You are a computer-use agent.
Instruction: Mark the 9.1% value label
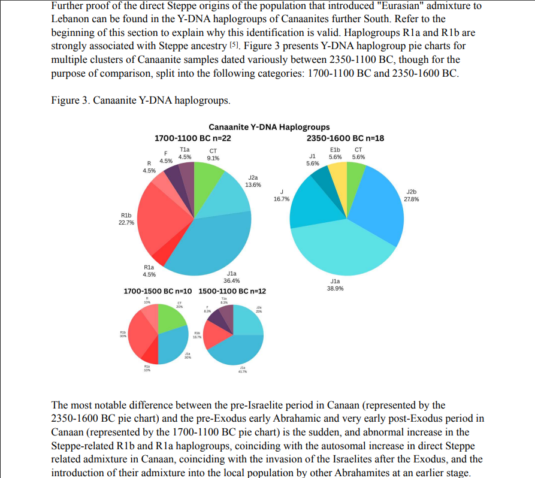click(x=213, y=158)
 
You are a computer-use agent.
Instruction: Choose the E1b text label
click(x=335, y=150)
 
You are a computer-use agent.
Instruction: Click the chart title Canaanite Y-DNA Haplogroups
click(x=269, y=127)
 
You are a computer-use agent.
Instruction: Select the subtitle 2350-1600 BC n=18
click(x=346, y=138)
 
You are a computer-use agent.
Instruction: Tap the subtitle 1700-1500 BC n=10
click(x=158, y=291)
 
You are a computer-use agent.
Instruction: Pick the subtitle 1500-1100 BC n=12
click(x=232, y=291)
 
